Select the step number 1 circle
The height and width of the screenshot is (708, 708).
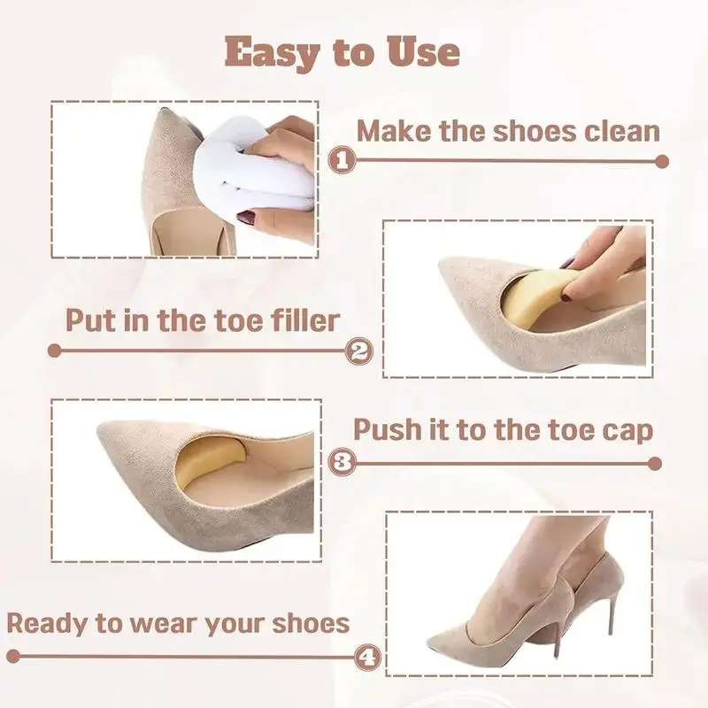click(342, 160)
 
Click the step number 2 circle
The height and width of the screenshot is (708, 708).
click(359, 350)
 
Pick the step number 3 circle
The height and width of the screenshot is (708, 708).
click(342, 462)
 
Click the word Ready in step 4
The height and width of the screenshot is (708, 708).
click(48, 624)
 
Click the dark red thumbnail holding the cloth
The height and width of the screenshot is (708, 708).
click(246, 219)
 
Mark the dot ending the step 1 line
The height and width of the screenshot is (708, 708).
click(661, 161)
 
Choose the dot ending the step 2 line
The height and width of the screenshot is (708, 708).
click(54, 350)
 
